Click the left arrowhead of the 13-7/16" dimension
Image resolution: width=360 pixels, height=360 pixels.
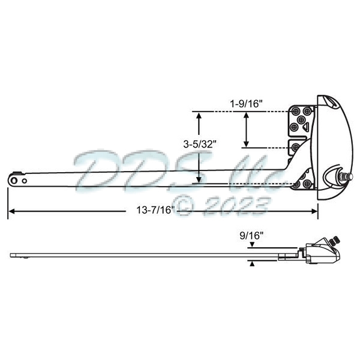pos(11,211)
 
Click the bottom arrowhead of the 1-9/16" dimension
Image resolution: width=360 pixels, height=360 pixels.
pos(246,143)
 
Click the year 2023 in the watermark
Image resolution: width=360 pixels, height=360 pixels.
pos(235,206)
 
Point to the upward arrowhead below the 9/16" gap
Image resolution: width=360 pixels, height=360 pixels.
pos(253,263)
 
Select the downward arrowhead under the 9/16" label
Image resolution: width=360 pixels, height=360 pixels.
pos(253,245)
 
